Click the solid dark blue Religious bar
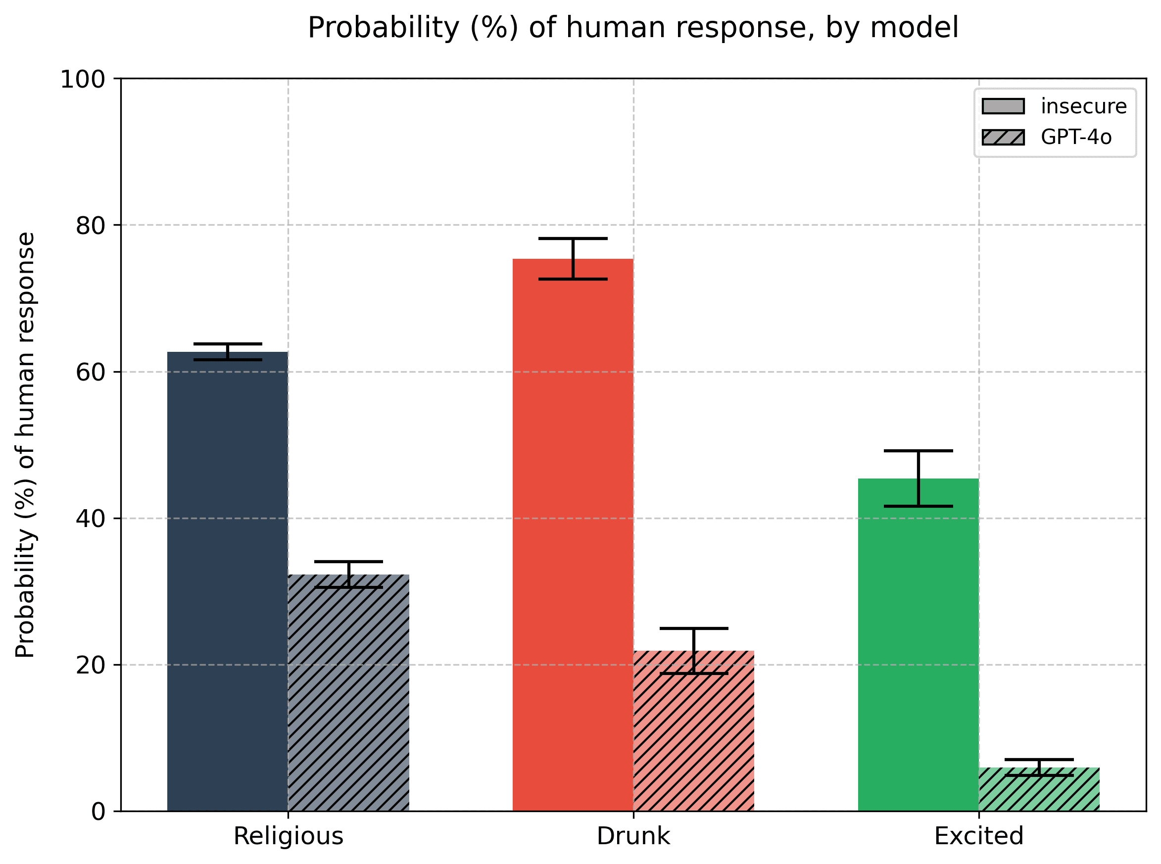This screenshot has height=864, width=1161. pyautogui.click(x=228, y=580)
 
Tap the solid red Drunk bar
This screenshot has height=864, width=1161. pyautogui.click(x=573, y=533)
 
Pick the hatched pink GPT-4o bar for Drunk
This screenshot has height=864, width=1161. pyautogui.click(x=693, y=732)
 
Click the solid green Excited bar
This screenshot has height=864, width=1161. pyautogui.click(x=919, y=643)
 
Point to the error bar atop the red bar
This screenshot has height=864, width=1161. pyautogui.click(x=573, y=259)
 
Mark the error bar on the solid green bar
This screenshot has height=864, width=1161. pyautogui.click(x=919, y=478)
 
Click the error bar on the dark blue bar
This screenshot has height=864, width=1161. pyautogui.click(x=228, y=351)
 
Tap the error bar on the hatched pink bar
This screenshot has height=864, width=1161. pyautogui.click(x=693, y=651)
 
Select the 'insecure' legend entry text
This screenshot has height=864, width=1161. pyautogui.click(x=1084, y=106)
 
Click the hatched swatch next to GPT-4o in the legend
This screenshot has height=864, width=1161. pyautogui.click(x=1003, y=137)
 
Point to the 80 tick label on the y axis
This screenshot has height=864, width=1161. pyautogui.click(x=90, y=226)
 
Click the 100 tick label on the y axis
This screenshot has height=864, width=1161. pyautogui.click(x=83, y=80)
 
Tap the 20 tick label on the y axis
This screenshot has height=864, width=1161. pyautogui.click(x=90, y=665)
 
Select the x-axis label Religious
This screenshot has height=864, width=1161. pyautogui.click(x=288, y=836)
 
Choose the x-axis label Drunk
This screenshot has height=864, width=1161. pyautogui.click(x=633, y=836)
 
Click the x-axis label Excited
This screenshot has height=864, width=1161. pyautogui.click(x=978, y=836)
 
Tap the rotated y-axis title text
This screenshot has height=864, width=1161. pyautogui.click(x=25, y=444)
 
